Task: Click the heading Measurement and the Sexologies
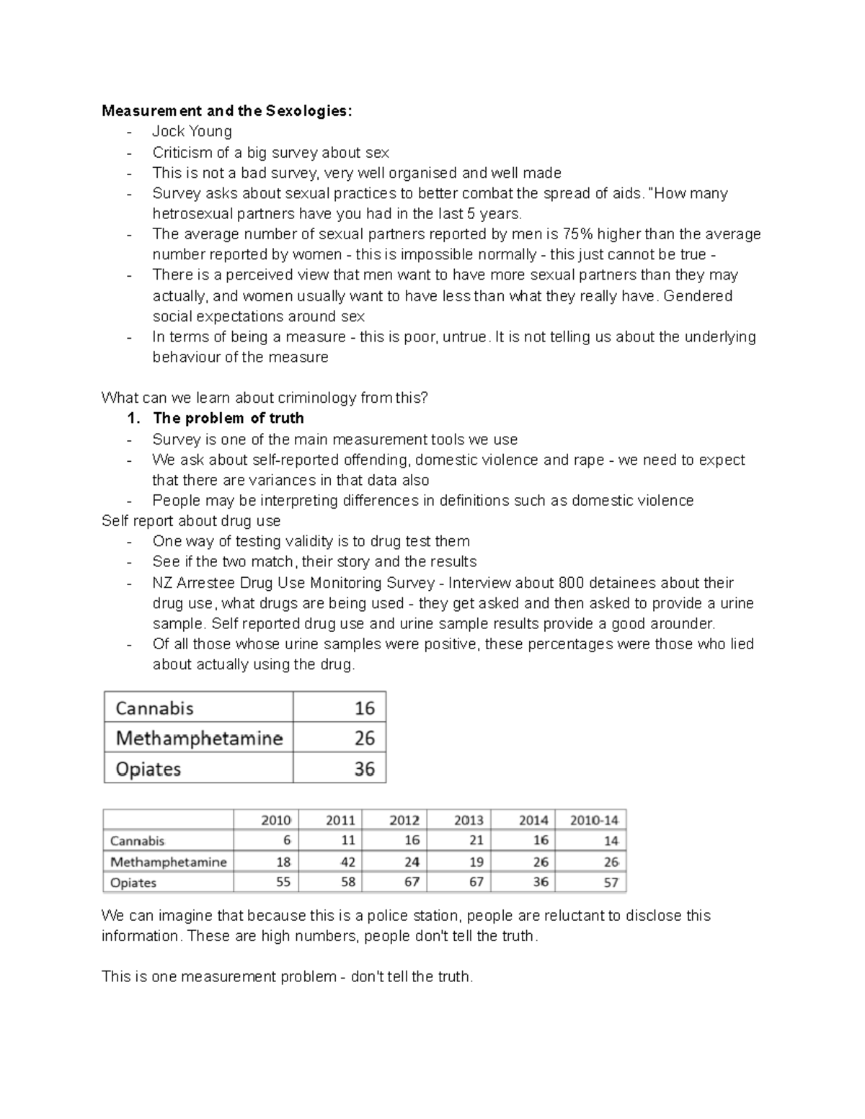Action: pyautogui.click(x=227, y=111)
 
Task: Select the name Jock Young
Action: pyautogui.click(x=192, y=131)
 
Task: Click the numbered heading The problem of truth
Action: pyautogui.click(x=228, y=419)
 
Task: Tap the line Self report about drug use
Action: pyautogui.click(x=191, y=521)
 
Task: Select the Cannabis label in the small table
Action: pyautogui.click(x=154, y=708)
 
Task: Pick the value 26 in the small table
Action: pyautogui.click(x=364, y=738)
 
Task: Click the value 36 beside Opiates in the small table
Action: pyautogui.click(x=364, y=769)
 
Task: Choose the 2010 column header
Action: pyautogui.click(x=275, y=820)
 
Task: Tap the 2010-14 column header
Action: pyautogui.click(x=594, y=820)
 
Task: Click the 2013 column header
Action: pyautogui.click(x=469, y=820)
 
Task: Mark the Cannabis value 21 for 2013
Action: pyautogui.click(x=476, y=840)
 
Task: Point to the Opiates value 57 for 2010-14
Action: pyautogui.click(x=611, y=883)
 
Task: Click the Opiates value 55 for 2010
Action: pyautogui.click(x=283, y=882)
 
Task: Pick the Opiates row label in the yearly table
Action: pyautogui.click(x=133, y=883)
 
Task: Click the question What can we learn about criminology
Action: pyautogui.click(x=265, y=398)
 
